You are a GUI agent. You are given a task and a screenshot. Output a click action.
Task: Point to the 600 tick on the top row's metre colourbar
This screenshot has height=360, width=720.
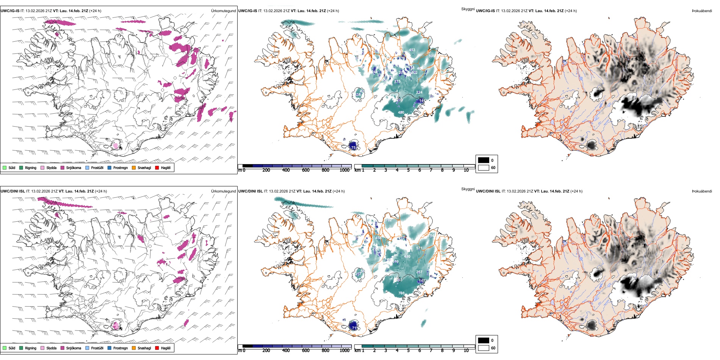pos(306,170)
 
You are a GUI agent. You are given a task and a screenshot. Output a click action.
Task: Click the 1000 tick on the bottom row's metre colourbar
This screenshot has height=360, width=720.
pos(344,351)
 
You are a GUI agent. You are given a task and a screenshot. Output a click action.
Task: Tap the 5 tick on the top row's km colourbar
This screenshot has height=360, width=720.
pos(409,170)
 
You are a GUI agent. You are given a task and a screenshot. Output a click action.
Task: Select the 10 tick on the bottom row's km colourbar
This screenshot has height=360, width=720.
pos(466,351)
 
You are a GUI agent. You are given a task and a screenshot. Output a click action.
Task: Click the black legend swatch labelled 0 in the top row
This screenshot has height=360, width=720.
pos(484,160)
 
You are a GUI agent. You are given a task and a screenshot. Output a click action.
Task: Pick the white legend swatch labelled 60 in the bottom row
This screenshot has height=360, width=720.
pos(484,348)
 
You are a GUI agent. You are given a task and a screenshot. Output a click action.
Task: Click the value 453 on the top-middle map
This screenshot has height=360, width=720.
pos(412,50)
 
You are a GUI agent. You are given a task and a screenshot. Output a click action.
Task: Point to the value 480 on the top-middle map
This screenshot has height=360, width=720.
pos(401,113)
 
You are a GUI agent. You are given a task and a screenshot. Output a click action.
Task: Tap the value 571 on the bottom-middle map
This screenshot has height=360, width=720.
pos(419,249)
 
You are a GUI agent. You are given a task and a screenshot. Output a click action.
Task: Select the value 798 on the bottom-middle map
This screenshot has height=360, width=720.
pos(401,293)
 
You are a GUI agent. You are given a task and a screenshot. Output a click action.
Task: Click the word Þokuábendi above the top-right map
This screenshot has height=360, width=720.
pos(702,11)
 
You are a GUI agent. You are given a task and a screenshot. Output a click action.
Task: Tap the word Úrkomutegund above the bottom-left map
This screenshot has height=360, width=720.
pos(223,191)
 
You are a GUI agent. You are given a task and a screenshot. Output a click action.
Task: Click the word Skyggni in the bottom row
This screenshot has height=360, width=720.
pos(468,189)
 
